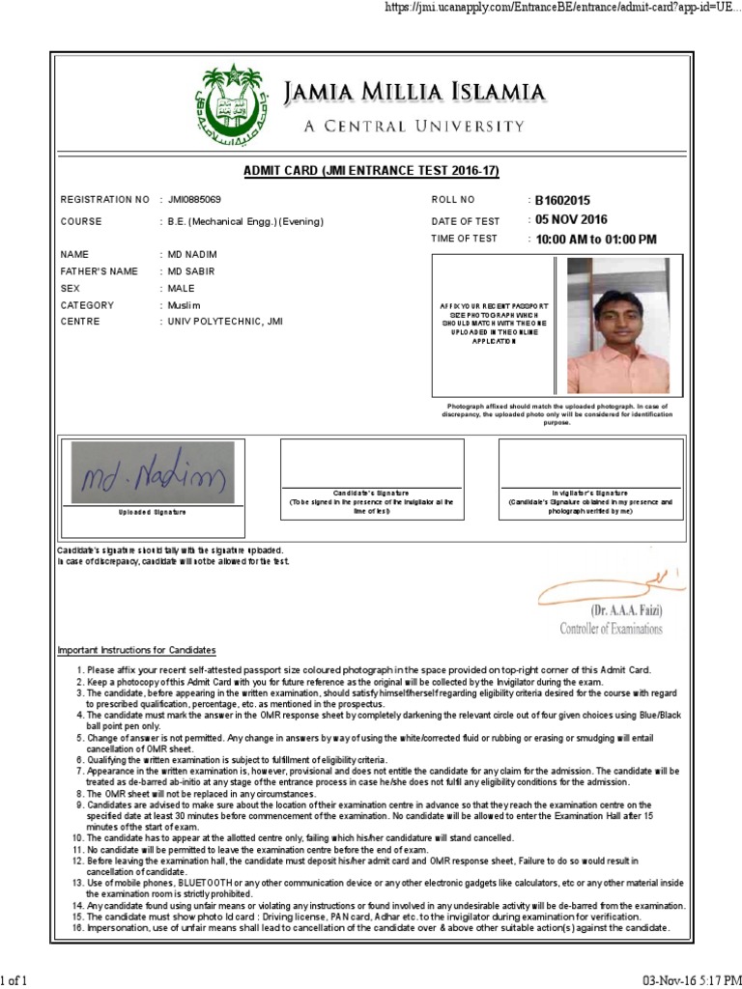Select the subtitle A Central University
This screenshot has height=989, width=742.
414,127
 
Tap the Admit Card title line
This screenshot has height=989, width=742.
370,171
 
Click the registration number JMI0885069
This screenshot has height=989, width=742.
194,200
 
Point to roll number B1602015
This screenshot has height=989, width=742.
562,201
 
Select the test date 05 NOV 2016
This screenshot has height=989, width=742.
572,219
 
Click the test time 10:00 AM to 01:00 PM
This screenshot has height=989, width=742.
596,240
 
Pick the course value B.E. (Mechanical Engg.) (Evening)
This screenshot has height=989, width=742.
244,221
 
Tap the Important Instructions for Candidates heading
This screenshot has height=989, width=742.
136,649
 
